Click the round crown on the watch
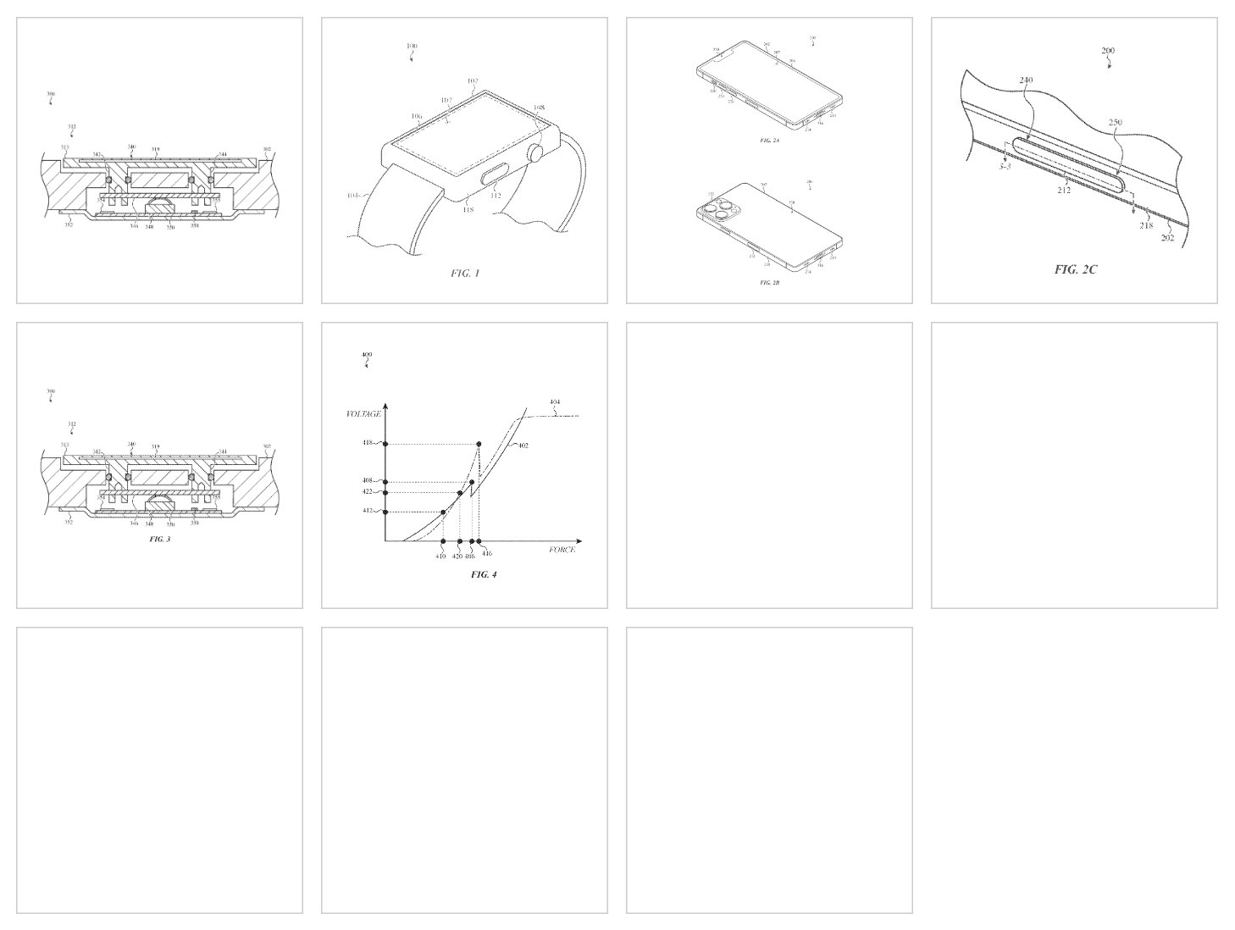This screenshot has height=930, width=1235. [535, 154]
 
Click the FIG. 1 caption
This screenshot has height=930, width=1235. [464, 274]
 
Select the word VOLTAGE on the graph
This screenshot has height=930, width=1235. [363, 414]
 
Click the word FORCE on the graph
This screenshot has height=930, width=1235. [561, 551]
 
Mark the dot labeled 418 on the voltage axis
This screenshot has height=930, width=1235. [385, 444]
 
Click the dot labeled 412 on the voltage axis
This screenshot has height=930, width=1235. [385, 512]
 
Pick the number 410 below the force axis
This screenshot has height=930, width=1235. [441, 556]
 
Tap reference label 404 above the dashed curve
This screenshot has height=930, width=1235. [554, 402]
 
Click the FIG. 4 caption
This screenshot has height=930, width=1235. [484, 575]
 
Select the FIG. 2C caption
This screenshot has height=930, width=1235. [1076, 269]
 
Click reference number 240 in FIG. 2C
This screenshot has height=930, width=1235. [1027, 81]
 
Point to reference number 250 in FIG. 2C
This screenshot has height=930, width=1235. [1116, 123]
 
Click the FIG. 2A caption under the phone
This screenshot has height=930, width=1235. [769, 140]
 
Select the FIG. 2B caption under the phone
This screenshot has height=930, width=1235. [769, 282]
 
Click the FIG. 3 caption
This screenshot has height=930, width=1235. [160, 539]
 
